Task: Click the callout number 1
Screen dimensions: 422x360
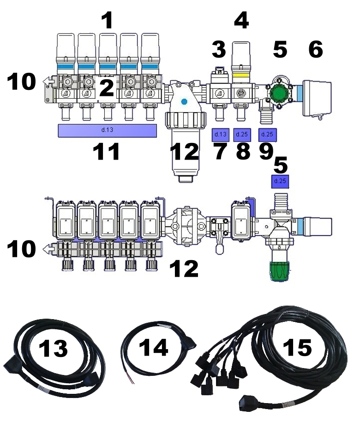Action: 107,21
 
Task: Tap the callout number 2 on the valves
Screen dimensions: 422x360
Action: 107,88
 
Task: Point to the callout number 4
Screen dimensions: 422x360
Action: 241,20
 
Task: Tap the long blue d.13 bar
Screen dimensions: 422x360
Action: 108,131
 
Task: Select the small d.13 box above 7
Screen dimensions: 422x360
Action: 220,135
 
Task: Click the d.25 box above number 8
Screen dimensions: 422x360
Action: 242,135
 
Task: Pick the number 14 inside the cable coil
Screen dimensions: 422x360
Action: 154,348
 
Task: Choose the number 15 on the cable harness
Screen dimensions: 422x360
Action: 298,347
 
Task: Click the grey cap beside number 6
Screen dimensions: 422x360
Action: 318,98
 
